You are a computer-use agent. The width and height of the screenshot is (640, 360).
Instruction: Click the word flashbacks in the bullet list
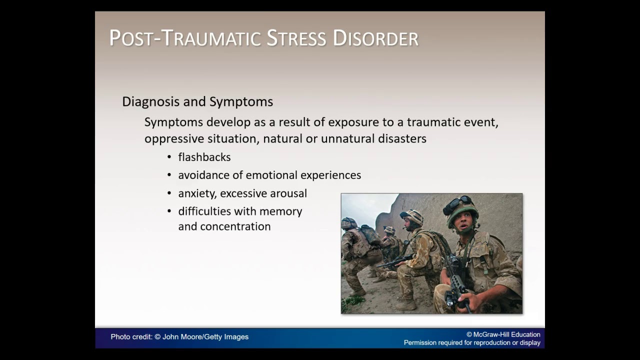(x=204, y=157)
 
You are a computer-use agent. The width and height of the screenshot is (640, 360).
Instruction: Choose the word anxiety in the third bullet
(x=197, y=193)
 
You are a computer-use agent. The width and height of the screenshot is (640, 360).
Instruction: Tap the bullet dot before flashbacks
(x=169, y=157)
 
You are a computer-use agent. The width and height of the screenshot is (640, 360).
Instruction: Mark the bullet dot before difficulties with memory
(x=169, y=211)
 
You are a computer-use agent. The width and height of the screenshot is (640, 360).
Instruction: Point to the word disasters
(x=399, y=138)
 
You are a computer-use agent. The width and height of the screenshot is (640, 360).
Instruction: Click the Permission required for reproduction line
(x=471, y=342)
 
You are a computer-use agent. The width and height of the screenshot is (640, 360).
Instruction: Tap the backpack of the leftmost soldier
(x=370, y=235)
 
